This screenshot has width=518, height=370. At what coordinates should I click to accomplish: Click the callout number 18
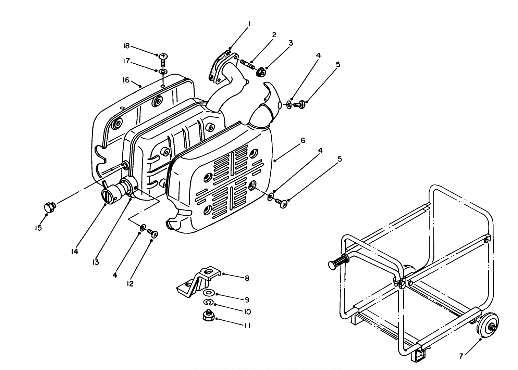tap(126, 46)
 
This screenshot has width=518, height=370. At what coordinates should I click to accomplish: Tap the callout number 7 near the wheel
tap(462, 356)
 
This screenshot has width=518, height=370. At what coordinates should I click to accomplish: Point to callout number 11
tap(247, 326)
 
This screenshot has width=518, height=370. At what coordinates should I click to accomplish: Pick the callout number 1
tap(249, 24)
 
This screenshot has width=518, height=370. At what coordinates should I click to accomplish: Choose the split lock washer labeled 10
tap(208, 302)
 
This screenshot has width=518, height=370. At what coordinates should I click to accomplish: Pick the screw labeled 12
tap(152, 233)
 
